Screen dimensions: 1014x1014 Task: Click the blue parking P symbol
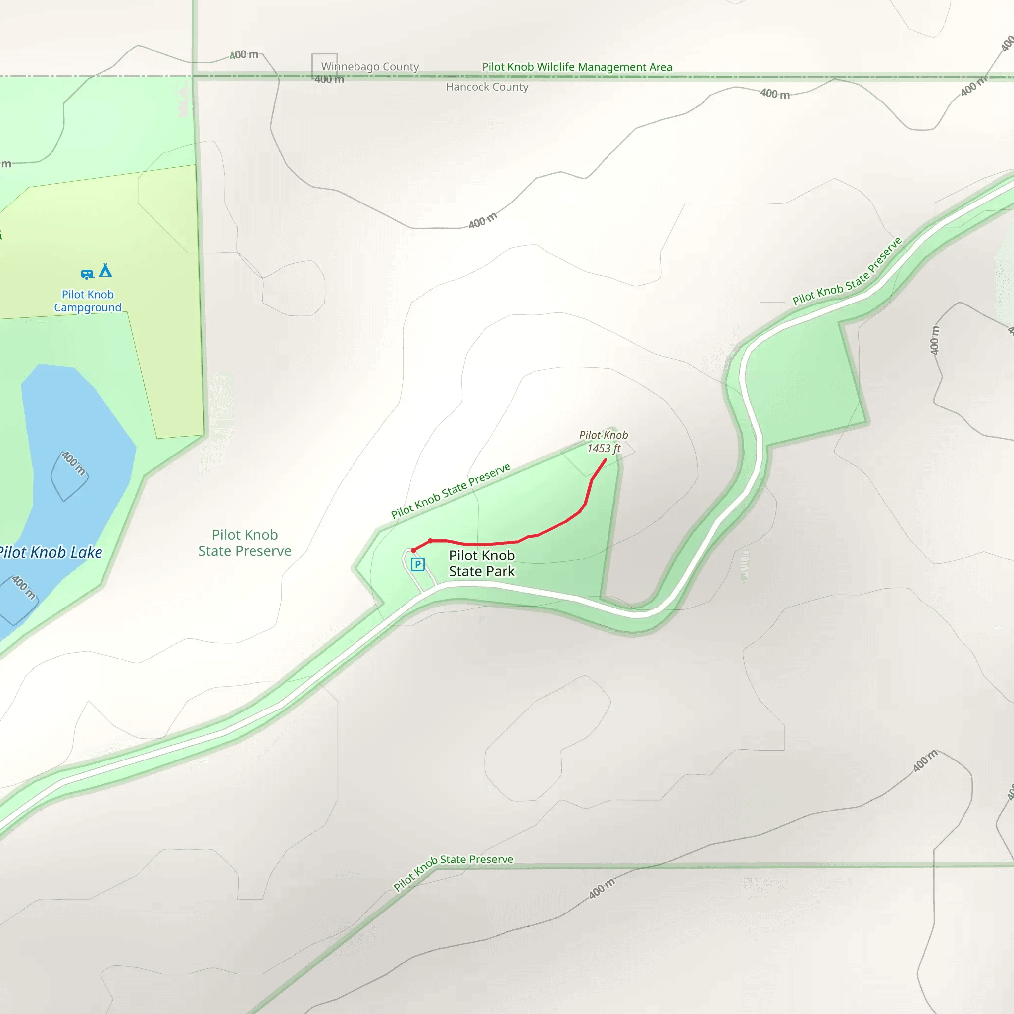pos(418,565)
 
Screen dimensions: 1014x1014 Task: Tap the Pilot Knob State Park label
pos(482,563)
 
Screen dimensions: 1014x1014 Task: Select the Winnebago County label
pos(370,67)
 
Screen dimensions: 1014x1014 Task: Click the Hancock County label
pos(487,87)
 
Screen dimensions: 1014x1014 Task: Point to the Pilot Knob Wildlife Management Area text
pos(577,67)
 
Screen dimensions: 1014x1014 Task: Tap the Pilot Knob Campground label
pos(88,301)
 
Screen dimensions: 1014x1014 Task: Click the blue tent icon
pos(105,270)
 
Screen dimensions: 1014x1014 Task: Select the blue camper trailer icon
pos(87,274)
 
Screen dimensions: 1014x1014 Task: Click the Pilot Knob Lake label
pos(51,552)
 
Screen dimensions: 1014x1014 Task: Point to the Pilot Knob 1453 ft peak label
pos(604,441)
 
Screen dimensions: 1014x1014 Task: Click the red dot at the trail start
pos(413,550)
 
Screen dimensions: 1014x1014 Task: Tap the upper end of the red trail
pos(606,460)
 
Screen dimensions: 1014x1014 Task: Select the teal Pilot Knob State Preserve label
pos(245,543)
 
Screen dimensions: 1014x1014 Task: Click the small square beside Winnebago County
pos(324,66)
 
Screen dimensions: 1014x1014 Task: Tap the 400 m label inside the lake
pos(73,463)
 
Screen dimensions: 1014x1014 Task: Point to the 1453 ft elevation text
pos(604,448)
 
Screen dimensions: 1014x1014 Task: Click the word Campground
pos(88,307)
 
